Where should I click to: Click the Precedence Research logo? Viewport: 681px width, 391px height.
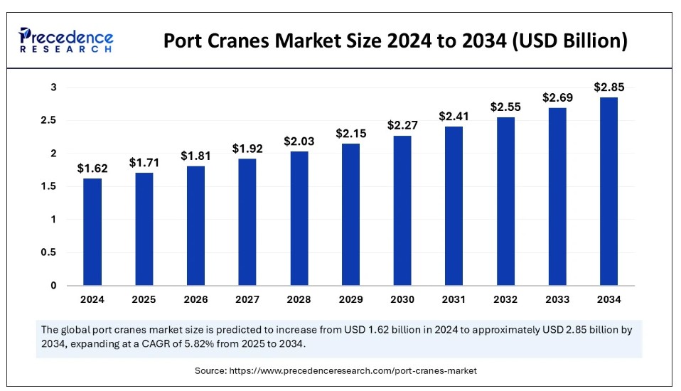tap(66, 41)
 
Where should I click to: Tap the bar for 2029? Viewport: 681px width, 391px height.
tap(351, 214)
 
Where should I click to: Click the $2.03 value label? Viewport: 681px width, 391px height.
tap(299, 141)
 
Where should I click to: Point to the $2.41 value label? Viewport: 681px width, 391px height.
tap(454, 116)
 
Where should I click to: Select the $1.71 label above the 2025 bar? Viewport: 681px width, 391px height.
tap(144, 162)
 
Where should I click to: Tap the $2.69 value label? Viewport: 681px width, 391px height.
tap(558, 97)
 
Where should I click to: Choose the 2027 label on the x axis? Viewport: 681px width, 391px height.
tap(247, 299)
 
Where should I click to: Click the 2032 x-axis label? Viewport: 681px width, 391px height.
tap(506, 299)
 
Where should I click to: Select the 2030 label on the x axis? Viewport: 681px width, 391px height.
tap(402, 299)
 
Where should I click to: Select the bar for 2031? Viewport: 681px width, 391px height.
tap(454, 205)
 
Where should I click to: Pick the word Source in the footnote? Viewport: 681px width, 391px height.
tap(211, 370)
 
